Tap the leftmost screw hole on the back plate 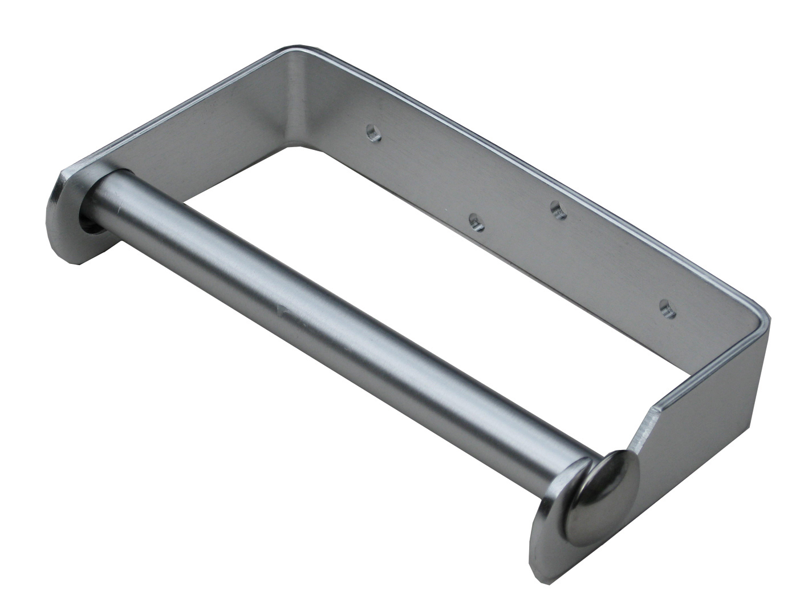tap(373, 133)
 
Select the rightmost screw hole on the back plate tap(665, 308)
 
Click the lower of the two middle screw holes tap(476, 222)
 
